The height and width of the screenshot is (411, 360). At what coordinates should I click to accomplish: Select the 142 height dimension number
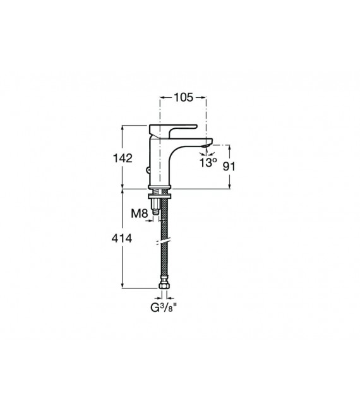pyautogui.click(x=123, y=158)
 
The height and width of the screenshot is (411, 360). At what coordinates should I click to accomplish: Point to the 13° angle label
pyautogui.click(x=208, y=163)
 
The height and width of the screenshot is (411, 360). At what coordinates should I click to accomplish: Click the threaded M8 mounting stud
pyautogui.click(x=156, y=210)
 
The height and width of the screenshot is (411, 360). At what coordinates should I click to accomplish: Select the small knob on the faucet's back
pyautogui.click(x=147, y=169)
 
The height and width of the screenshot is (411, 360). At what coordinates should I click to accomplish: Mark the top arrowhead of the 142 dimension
pyautogui.click(x=123, y=126)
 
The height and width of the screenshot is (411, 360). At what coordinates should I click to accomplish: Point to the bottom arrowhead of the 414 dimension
pyautogui.click(x=123, y=288)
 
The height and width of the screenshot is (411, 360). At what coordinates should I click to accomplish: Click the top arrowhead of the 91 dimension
pyautogui.click(x=229, y=145)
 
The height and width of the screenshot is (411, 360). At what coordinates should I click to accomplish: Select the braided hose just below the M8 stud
pyautogui.click(x=164, y=227)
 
